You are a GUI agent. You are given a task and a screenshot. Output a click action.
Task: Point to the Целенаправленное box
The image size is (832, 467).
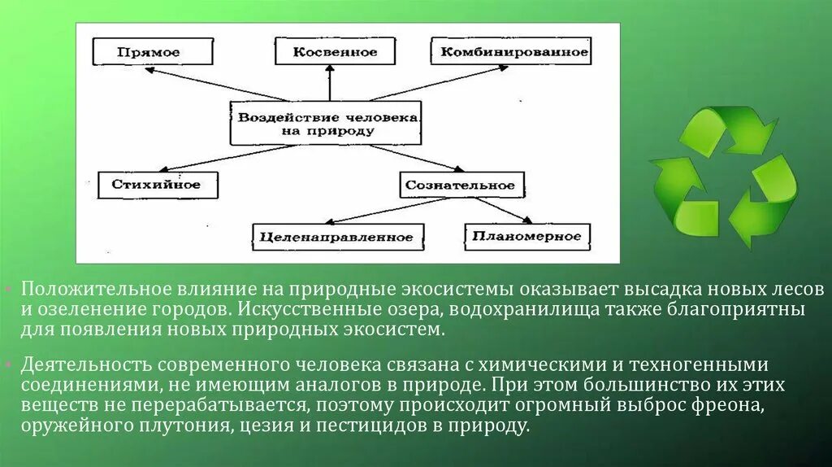click(338, 238)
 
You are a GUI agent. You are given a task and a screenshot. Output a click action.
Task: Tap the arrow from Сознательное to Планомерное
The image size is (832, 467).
click(501, 209)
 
